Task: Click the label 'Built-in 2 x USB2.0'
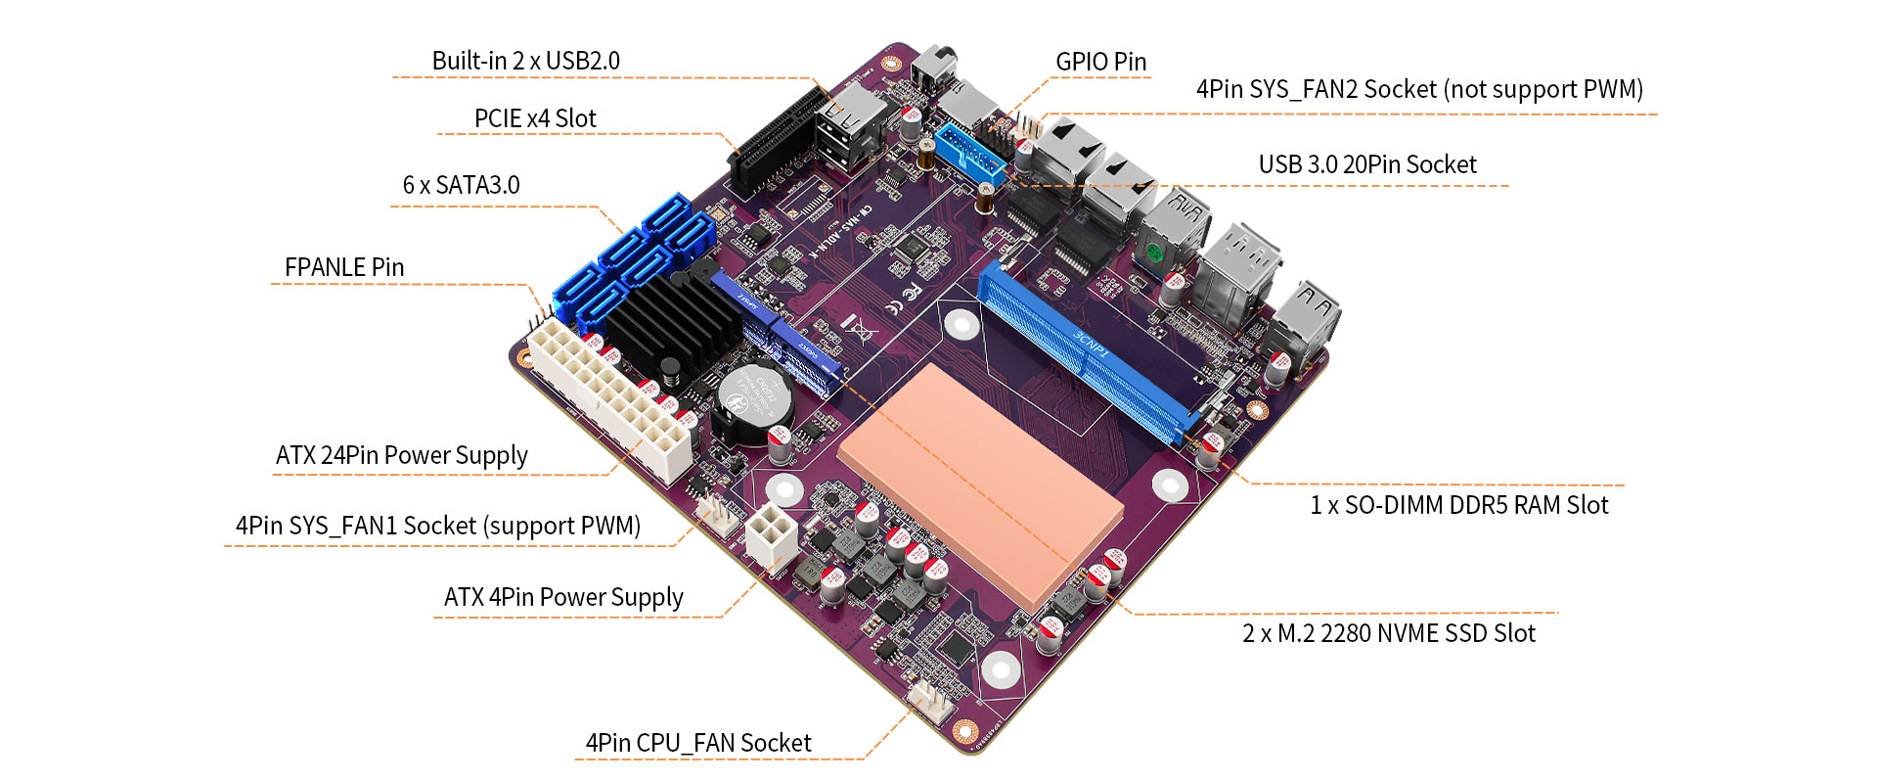click(x=525, y=61)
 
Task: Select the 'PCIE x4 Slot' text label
click(x=535, y=118)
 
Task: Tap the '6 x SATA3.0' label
click(x=461, y=185)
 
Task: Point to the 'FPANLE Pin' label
click(x=343, y=267)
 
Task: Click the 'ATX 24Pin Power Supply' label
click(x=401, y=455)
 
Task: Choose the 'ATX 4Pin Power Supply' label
click(x=563, y=597)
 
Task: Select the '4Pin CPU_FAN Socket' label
click(x=698, y=743)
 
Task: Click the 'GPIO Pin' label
click(x=1100, y=62)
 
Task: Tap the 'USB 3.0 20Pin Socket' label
click(x=1367, y=164)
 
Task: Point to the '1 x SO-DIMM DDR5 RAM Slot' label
click(x=1458, y=505)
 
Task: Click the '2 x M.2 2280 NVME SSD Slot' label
click(x=1389, y=633)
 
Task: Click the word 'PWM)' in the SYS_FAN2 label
click(x=1613, y=89)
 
